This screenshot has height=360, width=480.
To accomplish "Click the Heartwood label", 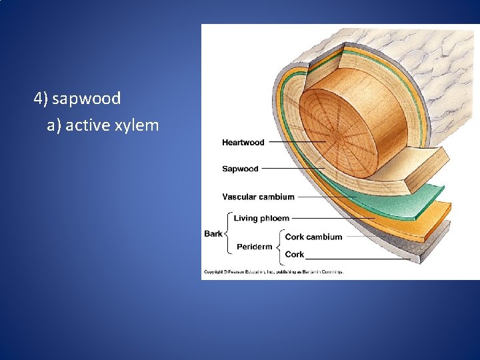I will [x=243, y=143].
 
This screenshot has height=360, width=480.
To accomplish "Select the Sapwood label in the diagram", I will [x=240, y=169].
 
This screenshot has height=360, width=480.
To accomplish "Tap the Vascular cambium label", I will [x=258, y=197].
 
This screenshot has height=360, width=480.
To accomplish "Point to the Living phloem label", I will [x=261, y=219].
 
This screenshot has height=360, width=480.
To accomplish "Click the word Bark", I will [x=213, y=234].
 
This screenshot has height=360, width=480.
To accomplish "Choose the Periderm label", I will [x=254, y=247].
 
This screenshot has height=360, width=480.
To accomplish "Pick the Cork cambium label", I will [x=313, y=237].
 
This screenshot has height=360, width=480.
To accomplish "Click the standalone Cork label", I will [x=294, y=255].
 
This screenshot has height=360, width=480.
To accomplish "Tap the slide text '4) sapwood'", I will [x=77, y=99].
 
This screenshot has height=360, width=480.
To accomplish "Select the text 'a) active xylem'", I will [x=103, y=124].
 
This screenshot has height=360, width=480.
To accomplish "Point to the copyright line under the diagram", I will [x=273, y=272].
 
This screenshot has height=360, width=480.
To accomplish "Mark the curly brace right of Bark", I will [x=227, y=234].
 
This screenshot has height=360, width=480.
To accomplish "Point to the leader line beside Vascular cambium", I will [x=327, y=197].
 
